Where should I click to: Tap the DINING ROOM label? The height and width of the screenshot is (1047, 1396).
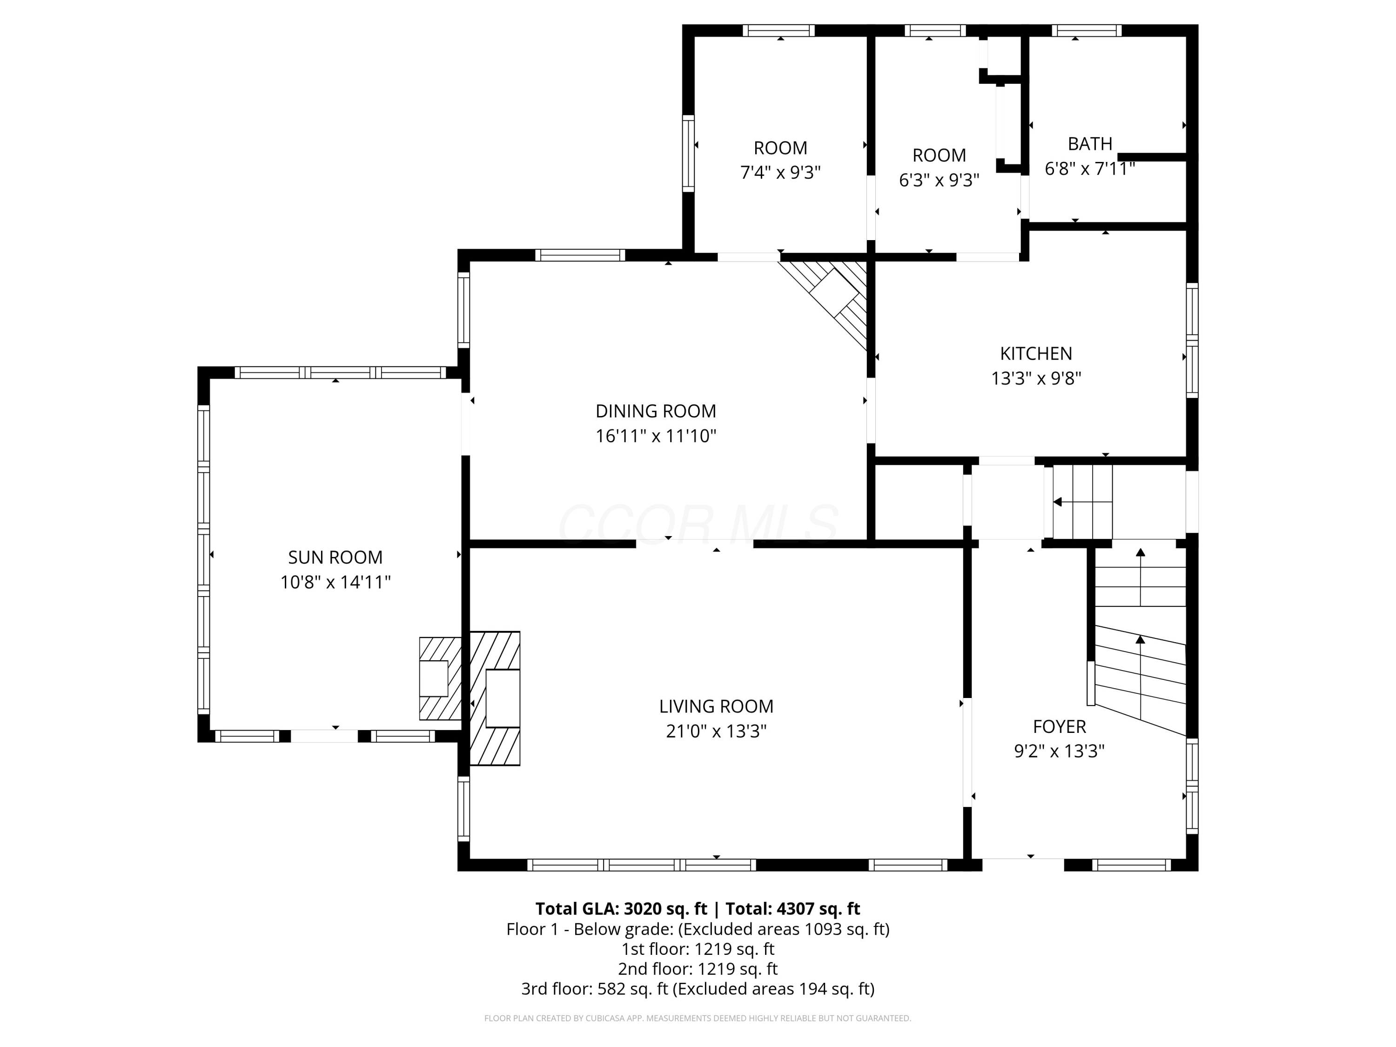coord(656,411)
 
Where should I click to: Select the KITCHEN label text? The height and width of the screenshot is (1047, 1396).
coord(1036,353)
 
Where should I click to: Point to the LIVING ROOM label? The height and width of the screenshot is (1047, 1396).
coord(716,706)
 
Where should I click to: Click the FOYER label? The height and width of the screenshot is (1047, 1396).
coord(1059,726)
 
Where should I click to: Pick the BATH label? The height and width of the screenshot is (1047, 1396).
coord(1090,144)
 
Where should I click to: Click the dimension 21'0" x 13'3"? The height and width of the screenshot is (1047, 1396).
coord(716,731)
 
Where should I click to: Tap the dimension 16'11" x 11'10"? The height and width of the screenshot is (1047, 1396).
coord(656,436)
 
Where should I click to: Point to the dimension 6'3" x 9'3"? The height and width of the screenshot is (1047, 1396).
coord(939,180)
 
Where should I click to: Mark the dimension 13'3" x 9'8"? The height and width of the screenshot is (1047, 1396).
coord(1036,378)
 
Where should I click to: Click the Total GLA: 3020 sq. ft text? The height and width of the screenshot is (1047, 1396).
coord(621,909)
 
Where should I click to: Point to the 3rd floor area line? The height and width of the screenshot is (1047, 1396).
coord(698,989)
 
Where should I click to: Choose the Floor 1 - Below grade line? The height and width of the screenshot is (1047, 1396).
coord(698,929)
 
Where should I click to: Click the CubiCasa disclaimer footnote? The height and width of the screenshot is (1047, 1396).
coord(698,1018)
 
